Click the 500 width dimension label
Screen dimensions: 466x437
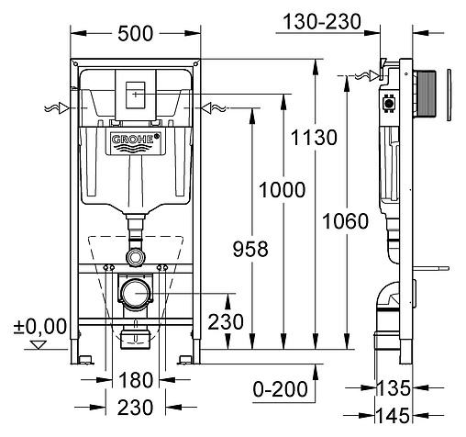pos(135,34)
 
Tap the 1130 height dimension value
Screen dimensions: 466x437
pos(314,138)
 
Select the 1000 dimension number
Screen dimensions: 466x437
pos(282,190)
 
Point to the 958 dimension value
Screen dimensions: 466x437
pos(250,249)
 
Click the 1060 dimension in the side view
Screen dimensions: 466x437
pos(346,221)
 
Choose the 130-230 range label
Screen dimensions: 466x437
pos(322,22)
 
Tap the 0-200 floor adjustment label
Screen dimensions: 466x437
pos(280,389)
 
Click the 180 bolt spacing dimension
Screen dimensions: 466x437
pos(136,380)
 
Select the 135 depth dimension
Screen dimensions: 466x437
pos(394,388)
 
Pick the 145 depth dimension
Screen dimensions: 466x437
pos(393,416)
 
